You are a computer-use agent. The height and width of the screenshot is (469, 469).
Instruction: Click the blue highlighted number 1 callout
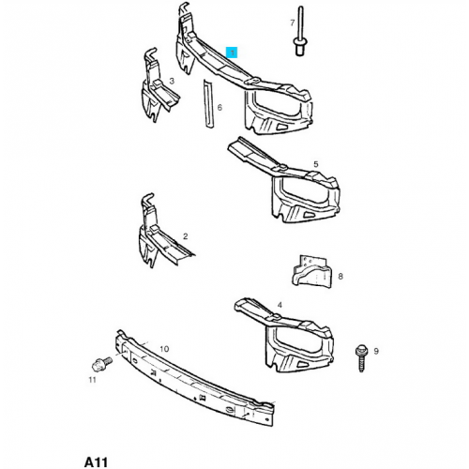coord(233,53)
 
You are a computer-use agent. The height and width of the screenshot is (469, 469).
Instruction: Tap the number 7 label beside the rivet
coord(293,23)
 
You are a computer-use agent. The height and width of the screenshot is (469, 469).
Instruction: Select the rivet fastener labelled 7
coord(300,31)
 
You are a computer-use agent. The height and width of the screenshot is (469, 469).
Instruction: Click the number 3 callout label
coord(172,82)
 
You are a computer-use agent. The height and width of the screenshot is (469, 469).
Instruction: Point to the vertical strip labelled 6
coord(208,104)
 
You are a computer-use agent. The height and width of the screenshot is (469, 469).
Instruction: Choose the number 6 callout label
coord(219,108)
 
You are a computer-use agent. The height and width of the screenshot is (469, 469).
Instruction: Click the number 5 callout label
coord(316,164)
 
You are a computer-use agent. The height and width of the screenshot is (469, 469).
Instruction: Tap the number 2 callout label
coord(186,236)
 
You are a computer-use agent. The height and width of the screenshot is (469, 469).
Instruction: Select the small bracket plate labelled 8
coord(312,271)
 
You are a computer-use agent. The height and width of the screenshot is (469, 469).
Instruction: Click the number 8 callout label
coord(340,276)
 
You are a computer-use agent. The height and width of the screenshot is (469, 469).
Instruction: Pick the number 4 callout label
coord(280,305)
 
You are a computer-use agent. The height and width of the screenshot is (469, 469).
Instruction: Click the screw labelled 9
coord(361,358)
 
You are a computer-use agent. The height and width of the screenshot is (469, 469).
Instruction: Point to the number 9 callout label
coord(376,351)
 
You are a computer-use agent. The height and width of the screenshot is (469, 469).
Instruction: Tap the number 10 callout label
coord(164,349)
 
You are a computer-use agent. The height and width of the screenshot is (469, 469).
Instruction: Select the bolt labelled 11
coord(102,363)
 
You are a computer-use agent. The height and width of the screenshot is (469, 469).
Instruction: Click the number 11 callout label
coord(92,380)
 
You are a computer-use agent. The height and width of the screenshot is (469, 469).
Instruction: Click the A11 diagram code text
coord(96,462)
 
